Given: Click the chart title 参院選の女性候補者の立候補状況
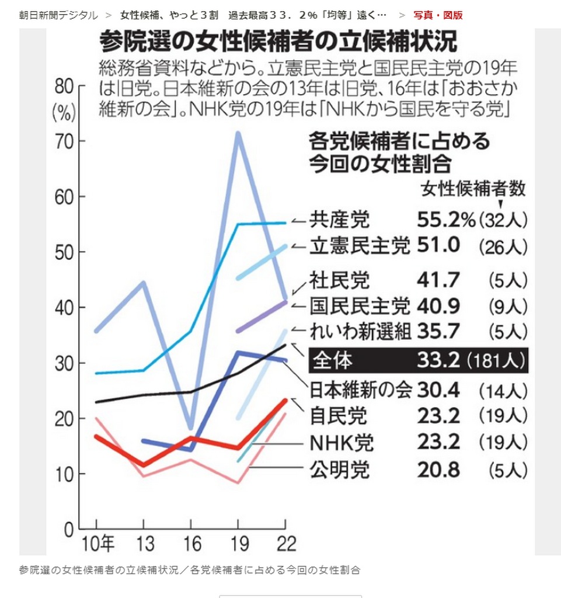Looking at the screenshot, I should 278,42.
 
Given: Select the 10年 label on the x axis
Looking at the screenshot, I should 97,543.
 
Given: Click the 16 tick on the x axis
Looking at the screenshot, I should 190,543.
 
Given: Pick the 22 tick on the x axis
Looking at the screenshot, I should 284,543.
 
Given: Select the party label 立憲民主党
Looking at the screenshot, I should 360,246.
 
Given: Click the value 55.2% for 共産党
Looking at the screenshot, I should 447,220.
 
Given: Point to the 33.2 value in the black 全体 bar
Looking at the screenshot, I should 440,360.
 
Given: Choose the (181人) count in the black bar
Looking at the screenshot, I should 497,361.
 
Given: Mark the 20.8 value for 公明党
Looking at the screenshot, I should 438,469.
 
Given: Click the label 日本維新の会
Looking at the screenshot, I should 360,388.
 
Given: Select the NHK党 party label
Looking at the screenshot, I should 342,442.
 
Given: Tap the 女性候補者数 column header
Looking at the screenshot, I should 473,189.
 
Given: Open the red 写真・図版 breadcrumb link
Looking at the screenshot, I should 438,15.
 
